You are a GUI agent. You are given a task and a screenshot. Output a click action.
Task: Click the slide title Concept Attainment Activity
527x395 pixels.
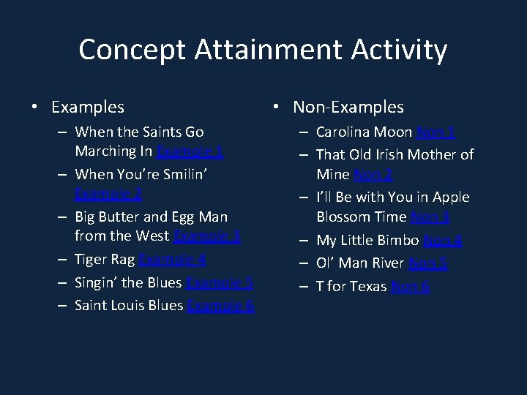[x=263, y=50]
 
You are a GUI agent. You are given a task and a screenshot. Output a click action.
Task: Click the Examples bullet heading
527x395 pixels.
[x=87, y=107]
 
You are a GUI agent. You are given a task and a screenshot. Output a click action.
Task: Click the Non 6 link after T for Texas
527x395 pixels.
[x=410, y=286]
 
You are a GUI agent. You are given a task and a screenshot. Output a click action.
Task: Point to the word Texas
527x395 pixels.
[x=367, y=286]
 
